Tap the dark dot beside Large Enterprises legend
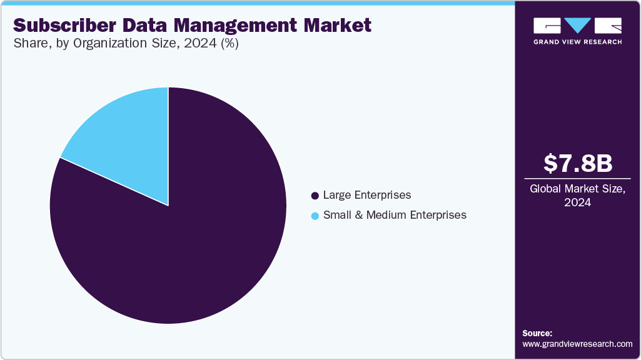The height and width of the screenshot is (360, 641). [x=315, y=196]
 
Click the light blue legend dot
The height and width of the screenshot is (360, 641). [x=315, y=216]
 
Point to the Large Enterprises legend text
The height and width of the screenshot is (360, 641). [x=367, y=195]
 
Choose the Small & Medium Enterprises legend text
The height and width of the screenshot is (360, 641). [x=395, y=215]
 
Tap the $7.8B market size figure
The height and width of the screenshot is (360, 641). [x=577, y=163]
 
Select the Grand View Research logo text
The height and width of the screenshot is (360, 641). [x=577, y=42]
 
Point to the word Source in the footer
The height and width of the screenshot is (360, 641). [x=537, y=333]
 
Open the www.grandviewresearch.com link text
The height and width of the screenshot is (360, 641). [x=577, y=344]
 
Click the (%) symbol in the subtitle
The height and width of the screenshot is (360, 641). [x=226, y=44]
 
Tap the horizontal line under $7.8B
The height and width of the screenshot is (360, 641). [x=577, y=179]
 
